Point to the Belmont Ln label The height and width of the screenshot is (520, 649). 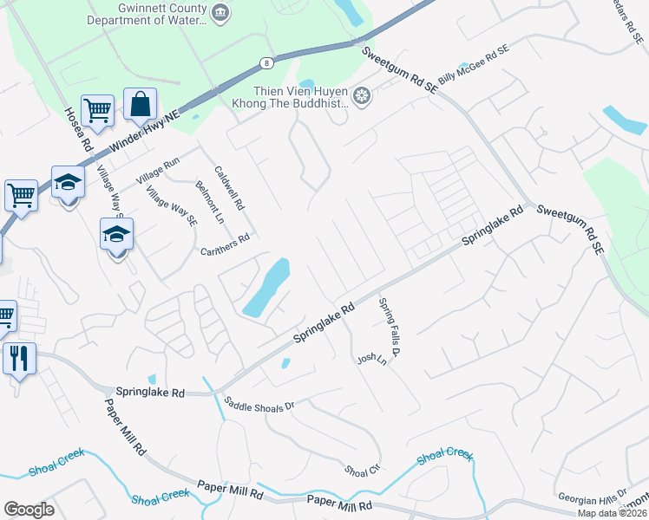click(x=210, y=203)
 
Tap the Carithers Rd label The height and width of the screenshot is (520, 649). click(x=225, y=244)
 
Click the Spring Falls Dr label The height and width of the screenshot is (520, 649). click(x=388, y=328)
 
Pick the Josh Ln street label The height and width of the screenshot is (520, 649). click(x=370, y=359)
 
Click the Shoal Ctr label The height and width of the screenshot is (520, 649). click(x=363, y=469)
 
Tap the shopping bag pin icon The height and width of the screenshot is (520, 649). click(x=140, y=105)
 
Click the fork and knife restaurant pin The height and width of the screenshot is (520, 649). click(x=19, y=356)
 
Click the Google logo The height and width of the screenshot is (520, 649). click(x=29, y=510)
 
